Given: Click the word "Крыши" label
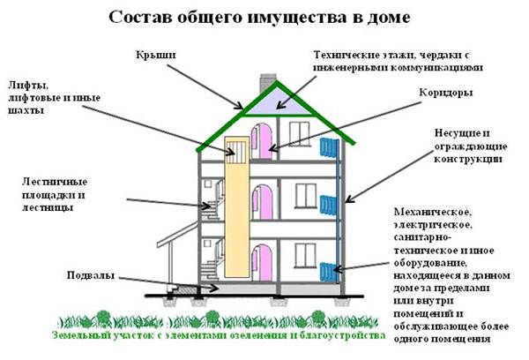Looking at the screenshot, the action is (156, 55).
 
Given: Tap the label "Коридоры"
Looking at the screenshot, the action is (445, 93).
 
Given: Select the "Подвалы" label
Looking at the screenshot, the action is (91, 275).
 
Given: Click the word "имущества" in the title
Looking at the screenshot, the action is (297, 18).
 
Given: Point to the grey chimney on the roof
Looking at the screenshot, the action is (267, 83).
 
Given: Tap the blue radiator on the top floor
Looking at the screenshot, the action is (329, 147).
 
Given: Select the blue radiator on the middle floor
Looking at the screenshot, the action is (328, 205).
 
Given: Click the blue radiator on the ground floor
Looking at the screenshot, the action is (328, 272).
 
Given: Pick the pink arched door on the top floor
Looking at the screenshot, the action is (263, 141).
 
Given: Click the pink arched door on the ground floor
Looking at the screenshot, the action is (263, 263).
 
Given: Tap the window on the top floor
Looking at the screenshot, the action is (300, 134).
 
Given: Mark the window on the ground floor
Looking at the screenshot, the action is (305, 256).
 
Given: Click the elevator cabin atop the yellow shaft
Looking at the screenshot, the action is (237, 151).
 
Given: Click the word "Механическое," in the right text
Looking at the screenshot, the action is (433, 212).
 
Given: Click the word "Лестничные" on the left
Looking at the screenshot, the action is (55, 182).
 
